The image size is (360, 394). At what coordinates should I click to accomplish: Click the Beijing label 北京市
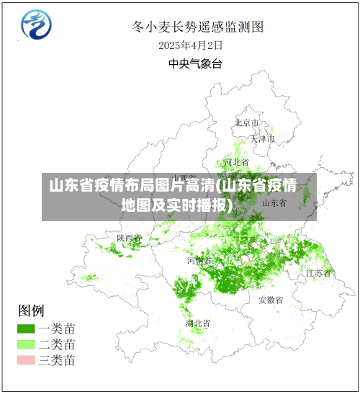pos(246,122)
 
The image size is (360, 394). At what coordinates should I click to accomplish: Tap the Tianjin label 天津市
pos(262,138)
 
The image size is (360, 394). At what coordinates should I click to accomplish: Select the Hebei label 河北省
pos(236,162)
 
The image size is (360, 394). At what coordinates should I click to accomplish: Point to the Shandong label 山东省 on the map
pos(274,203)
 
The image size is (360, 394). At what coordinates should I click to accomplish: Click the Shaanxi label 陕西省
pos(130,238)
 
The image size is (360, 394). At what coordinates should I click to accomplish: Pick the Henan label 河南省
pos(199,260)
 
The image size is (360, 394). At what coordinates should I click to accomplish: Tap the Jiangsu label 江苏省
pos(318,273)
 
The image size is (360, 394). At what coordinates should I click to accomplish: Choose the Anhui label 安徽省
pos(271,300)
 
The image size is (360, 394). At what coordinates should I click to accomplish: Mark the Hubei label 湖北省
pos(198,323)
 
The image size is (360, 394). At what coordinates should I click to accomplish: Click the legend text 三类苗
pos(58,360)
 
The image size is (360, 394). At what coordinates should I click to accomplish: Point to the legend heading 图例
pos(31,310)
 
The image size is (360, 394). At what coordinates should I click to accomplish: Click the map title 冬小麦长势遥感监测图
pos(197,27)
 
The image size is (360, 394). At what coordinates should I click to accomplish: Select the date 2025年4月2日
pos(191,45)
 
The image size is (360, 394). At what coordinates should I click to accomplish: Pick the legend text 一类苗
pos(58,328)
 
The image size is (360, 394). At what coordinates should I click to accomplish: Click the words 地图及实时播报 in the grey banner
pos(177,205)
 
